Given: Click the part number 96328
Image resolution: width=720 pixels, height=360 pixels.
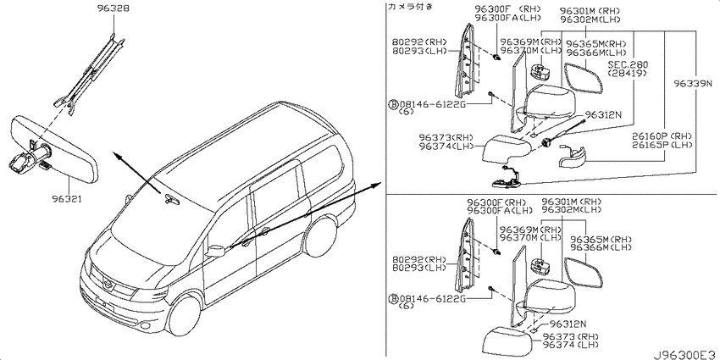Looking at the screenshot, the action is click(x=113, y=8).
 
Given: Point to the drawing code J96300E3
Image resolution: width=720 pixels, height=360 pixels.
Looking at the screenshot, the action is click(x=685, y=354).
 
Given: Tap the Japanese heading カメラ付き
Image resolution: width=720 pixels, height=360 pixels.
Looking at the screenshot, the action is click(x=411, y=7).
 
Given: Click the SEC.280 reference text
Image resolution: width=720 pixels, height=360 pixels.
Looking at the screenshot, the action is click(x=629, y=64).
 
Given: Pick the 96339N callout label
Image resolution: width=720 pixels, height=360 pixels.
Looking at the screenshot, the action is click(x=694, y=84).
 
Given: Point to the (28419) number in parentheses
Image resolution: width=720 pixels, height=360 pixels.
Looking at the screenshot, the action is click(x=627, y=74).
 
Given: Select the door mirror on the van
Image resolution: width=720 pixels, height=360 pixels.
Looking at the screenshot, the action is click(x=215, y=252).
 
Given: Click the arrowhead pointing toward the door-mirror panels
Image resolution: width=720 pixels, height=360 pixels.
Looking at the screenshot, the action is click(x=378, y=184).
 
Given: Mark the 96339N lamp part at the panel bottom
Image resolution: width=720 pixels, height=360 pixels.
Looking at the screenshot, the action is click(x=507, y=180).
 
